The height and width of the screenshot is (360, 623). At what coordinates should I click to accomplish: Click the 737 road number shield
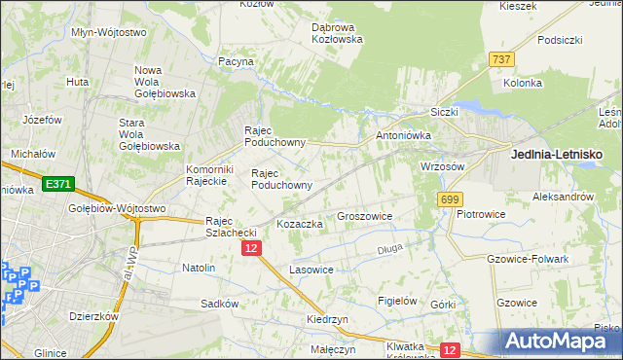501,59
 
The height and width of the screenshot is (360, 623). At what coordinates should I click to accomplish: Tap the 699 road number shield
449,198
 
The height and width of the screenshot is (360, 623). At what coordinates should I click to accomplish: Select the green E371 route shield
56,182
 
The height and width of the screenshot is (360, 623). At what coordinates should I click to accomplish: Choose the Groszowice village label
364,216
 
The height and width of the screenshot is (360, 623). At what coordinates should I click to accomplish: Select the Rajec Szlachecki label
230,226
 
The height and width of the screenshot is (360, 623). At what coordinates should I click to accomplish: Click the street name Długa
389,250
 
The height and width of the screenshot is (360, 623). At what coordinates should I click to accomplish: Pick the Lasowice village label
311,269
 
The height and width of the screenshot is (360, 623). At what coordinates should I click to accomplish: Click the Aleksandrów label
563,196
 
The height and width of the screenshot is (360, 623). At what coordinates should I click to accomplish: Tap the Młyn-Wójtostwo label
109,32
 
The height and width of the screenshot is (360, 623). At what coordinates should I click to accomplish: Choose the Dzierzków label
93,315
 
